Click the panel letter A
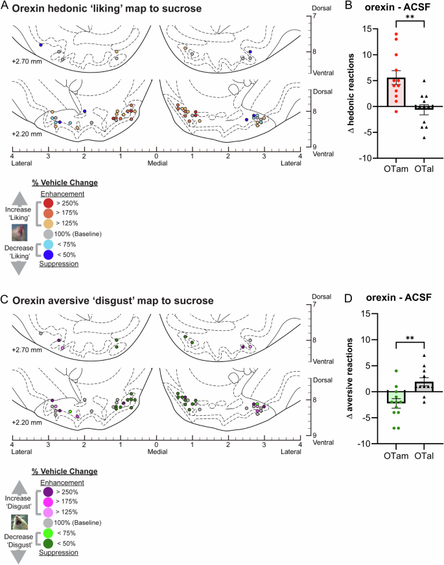tap(6, 8)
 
